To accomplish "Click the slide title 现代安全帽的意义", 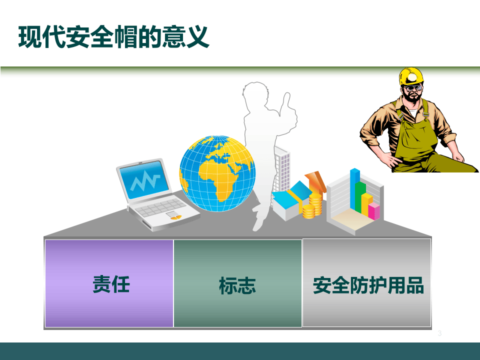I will (x=113, y=38).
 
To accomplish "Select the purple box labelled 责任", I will (x=109, y=283).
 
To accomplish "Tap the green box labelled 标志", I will (x=237, y=283).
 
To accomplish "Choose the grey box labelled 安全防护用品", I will (x=367, y=283).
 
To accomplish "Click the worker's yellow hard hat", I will (x=411, y=76).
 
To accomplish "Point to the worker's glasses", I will (x=413, y=89).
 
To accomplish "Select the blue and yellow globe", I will (x=217, y=173).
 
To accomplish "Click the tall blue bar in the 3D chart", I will (x=355, y=189).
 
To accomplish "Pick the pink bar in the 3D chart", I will (x=373, y=211).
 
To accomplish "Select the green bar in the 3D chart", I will (x=360, y=196).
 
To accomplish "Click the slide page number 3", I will (x=439, y=333).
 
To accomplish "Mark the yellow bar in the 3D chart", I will (x=367, y=204).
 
